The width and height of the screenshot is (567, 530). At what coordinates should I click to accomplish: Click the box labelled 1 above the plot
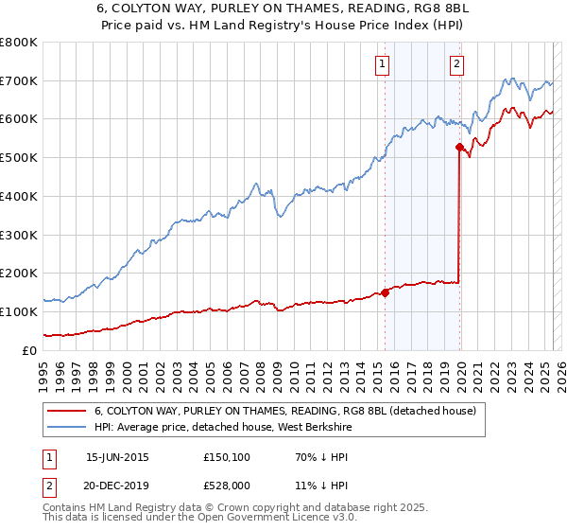(383, 64)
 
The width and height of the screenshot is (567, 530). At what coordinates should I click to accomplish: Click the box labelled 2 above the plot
(456, 64)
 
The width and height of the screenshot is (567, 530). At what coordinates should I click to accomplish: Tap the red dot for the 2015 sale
(386, 292)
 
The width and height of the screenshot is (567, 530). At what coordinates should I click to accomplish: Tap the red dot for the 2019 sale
(459, 147)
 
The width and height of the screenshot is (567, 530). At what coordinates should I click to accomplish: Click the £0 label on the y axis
(31, 350)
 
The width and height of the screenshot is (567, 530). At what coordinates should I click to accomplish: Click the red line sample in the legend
(67, 411)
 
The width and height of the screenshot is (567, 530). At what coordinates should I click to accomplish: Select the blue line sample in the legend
(67, 427)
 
